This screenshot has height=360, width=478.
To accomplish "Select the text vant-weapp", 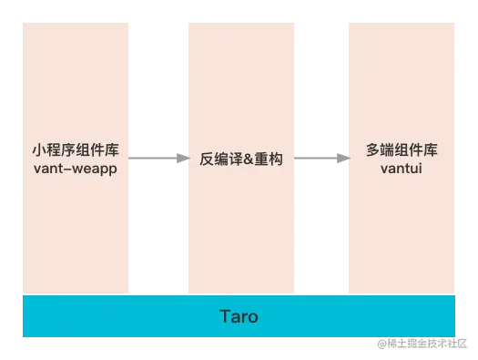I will pos(76,170).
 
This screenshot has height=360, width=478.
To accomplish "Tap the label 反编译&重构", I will pos(241,159).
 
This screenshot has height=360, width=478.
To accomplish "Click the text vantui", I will pos(402,170).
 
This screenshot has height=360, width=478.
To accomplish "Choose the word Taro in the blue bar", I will pos(239,317).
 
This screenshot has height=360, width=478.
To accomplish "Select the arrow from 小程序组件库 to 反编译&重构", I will pos(157,159).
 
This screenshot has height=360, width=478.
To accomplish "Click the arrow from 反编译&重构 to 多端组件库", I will pos(320,159).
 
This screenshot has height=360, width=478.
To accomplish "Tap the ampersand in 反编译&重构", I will pos(248,159).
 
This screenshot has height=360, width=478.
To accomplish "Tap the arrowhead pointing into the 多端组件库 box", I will pos(344,159).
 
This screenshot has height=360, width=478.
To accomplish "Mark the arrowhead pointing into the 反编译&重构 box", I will pos(180,159).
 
